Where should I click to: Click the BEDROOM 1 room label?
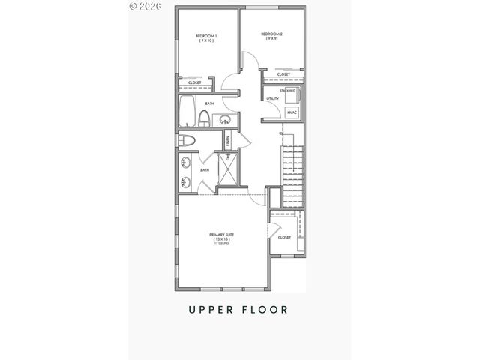(206, 36)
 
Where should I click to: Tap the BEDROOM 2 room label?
(271, 34)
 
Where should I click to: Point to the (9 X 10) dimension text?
(206, 41)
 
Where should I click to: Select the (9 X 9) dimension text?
(271, 39)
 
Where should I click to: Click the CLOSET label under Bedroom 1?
(194, 82)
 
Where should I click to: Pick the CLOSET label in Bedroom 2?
(283, 74)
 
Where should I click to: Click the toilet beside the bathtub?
(204, 117)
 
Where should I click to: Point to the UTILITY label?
(273, 98)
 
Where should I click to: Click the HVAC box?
(292, 112)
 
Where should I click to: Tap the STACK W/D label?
(286, 91)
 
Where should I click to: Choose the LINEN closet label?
(227, 140)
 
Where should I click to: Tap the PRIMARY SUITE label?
(221, 235)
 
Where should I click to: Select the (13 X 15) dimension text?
(221, 240)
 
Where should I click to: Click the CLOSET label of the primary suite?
(284, 237)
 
